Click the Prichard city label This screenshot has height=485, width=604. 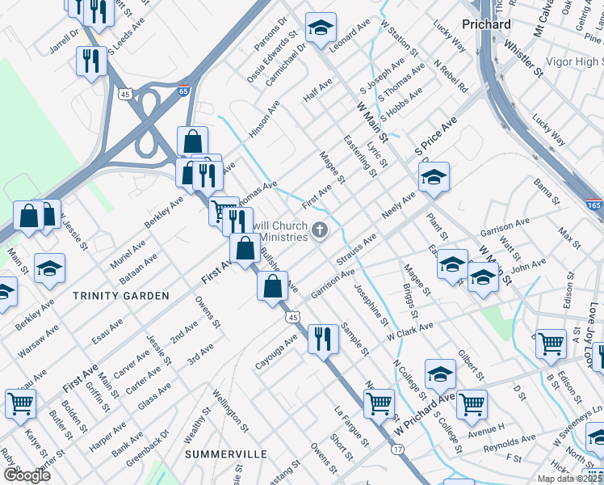486,24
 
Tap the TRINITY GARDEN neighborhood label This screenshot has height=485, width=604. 122,296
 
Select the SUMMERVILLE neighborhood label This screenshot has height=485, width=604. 226,454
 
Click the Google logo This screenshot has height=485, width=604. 27,475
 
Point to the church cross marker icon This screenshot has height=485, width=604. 320,232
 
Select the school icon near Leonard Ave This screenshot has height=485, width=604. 321,30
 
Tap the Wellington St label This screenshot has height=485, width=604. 230,408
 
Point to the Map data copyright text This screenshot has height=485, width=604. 569,479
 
